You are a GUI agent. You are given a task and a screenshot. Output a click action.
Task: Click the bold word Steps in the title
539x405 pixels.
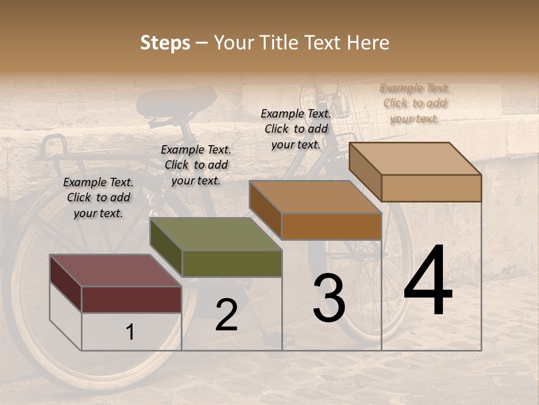click(x=165, y=43)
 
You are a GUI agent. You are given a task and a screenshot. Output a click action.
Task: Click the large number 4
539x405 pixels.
click(x=428, y=281)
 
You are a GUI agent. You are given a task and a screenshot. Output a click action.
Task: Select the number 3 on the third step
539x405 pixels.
click(x=329, y=298)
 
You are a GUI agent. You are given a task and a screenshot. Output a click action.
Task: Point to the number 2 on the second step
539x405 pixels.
click(x=226, y=315)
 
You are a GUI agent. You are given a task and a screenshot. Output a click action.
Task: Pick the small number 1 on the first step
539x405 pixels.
click(x=130, y=332)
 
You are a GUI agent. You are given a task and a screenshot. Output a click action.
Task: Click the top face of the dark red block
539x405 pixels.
click(x=115, y=271)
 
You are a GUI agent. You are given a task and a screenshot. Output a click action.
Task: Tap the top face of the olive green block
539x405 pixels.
click(x=216, y=234)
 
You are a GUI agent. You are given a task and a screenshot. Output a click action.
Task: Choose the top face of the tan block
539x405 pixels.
click(x=415, y=159)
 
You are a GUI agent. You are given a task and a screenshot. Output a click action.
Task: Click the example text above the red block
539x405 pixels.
click(x=98, y=197)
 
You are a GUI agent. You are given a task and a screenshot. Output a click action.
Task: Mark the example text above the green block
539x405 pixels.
click(x=196, y=165)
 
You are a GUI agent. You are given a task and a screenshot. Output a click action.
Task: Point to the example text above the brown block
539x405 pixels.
click(x=296, y=129)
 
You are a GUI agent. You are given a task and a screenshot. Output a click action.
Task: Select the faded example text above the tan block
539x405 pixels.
click(x=415, y=103)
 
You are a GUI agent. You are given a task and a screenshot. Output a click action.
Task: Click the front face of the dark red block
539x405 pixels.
click(x=131, y=299)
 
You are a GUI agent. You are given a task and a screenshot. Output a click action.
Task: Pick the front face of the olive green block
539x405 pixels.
click(x=232, y=263)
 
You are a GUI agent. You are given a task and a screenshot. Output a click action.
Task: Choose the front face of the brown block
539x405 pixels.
click(x=331, y=226)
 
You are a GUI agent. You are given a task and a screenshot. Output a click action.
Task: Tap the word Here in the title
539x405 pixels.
click(x=368, y=43)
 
